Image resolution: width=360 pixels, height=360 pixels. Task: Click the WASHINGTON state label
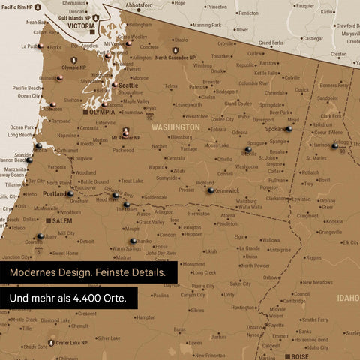[x=175, y=127]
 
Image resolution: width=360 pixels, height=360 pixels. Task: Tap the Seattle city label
[x=128, y=85]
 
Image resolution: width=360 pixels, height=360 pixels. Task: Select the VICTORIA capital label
[x=80, y=25]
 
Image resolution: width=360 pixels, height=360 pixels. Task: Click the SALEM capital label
[x=62, y=221]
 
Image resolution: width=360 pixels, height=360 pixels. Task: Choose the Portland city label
[x=55, y=194]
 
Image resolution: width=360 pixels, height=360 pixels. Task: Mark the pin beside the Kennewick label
[x=211, y=190]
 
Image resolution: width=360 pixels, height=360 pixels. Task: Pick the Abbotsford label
[x=139, y=4]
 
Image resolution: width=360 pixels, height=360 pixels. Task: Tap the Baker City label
[x=241, y=284]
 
